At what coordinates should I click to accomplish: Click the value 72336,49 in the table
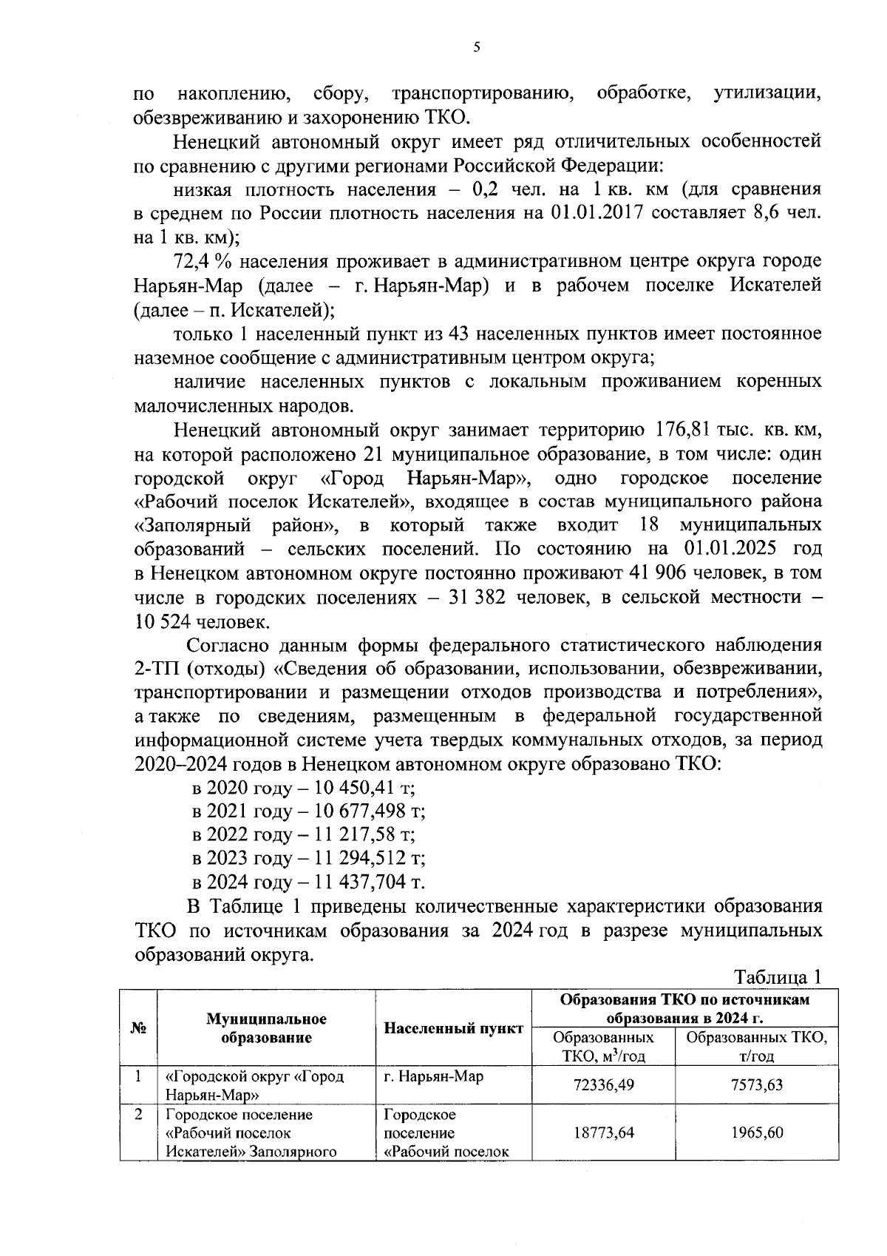click(x=603, y=1085)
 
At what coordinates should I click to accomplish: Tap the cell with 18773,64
click(x=603, y=1132)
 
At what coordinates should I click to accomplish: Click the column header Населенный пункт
click(x=453, y=1028)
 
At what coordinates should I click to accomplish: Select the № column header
click(x=137, y=1028)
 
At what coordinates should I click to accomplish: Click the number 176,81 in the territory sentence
click(x=681, y=430)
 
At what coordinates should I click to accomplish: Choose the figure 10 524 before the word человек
click(x=162, y=621)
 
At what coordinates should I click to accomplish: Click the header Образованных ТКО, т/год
click(x=757, y=1046)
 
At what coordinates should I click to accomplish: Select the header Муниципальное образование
click(x=266, y=1028)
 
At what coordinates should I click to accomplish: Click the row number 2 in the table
click(x=137, y=1115)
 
